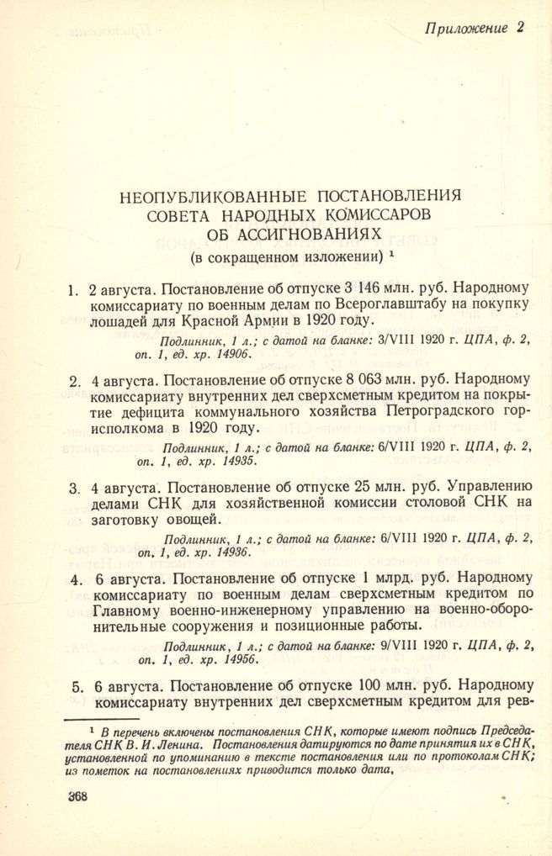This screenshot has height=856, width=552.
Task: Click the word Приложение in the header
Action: click(x=466, y=28)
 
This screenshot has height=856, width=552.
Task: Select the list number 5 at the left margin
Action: click(x=76, y=685)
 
